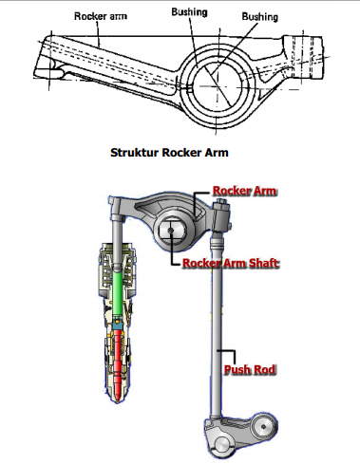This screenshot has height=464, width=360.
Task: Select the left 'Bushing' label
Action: coord(190,13)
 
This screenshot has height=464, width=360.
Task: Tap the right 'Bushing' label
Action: coord(260,17)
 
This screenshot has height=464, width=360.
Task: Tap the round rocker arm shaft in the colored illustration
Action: coord(173,230)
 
